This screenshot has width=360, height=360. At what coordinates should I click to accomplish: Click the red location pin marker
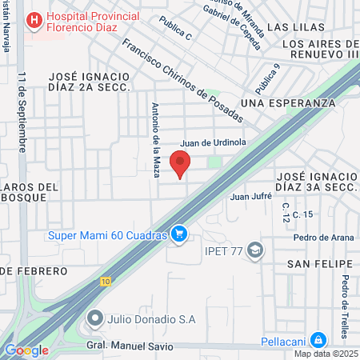[x=181, y=162]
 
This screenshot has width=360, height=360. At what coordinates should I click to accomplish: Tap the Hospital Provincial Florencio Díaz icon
[x=34, y=19]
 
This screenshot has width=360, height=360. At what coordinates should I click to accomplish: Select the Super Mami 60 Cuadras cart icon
[x=180, y=234]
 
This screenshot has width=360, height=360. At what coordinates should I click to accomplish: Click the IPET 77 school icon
[x=255, y=250]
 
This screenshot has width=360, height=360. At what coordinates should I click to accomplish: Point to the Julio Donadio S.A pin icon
[x=94, y=318]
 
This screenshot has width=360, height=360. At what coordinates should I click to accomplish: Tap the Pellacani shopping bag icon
[x=318, y=340]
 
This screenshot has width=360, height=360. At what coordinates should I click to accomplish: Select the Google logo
[x=26, y=350]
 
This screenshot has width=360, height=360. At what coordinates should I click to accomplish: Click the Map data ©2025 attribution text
[x=325, y=354]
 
